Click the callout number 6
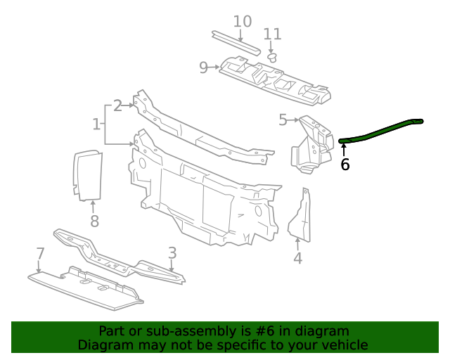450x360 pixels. click(345, 165)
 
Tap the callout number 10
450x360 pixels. click(242, 21)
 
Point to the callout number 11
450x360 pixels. click(272, 34)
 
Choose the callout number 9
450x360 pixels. click(203, 67)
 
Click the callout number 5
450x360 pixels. click(283, 120)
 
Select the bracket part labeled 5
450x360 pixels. click(310, 144)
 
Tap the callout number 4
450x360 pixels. click(298, 258)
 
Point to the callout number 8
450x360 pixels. click(94, 222)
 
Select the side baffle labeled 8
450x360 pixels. click(88, 174)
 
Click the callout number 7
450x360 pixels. click(40, 253)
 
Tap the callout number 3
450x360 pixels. click(172, 252)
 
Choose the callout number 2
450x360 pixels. click(117, 105)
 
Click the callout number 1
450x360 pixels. click(96, 124)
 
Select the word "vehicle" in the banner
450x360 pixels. click(344, 345)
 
